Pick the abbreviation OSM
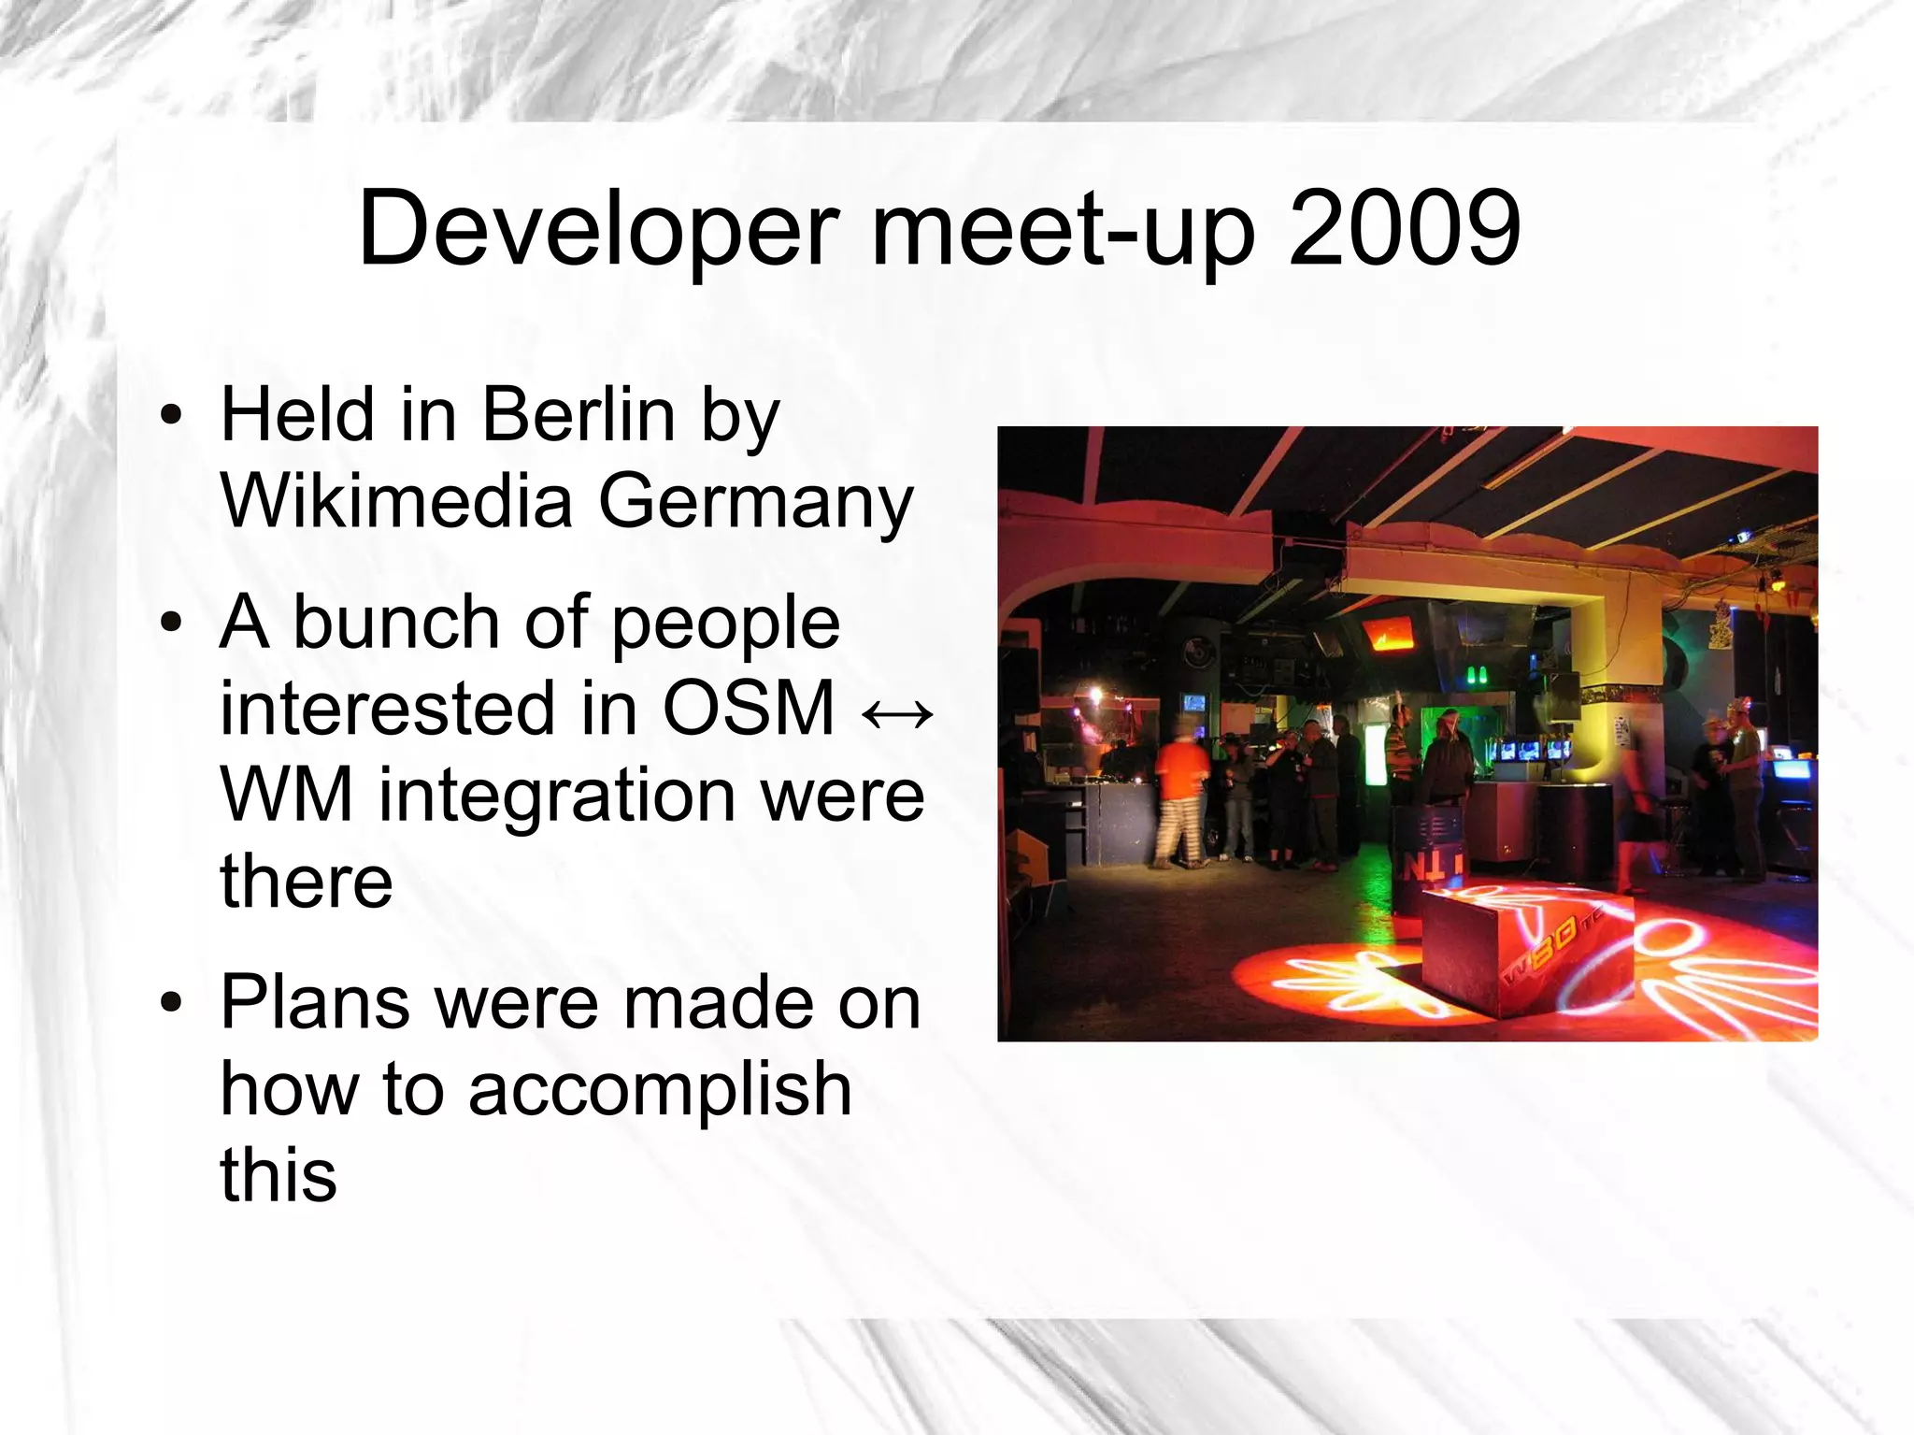tap(748, 708)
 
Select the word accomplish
tap(660, 1091)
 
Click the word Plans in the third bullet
tap(315, 1003)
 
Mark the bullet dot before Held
tap(170, 416)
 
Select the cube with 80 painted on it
tap(1526, 954)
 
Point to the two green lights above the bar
tap(1477, 675)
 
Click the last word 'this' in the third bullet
tap(278, 1175)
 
